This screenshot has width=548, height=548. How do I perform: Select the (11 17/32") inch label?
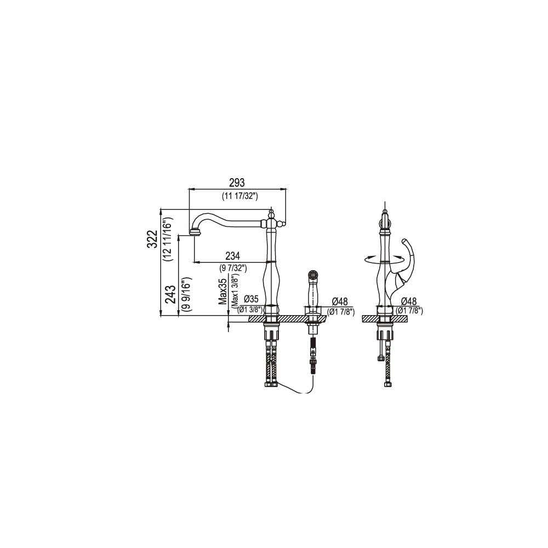point(239,196)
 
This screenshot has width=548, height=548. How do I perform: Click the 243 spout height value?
point(170,295)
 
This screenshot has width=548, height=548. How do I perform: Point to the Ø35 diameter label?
point(250,299)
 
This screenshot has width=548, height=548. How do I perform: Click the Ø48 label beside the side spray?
point(341,302)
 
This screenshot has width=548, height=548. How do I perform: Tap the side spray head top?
point(313,272)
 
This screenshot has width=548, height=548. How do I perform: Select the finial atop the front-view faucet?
point(271,211)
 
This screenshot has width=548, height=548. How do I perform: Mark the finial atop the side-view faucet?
point(385,213)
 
